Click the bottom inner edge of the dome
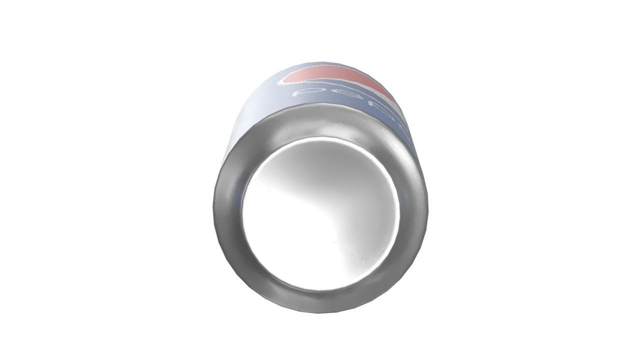(320, 289)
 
